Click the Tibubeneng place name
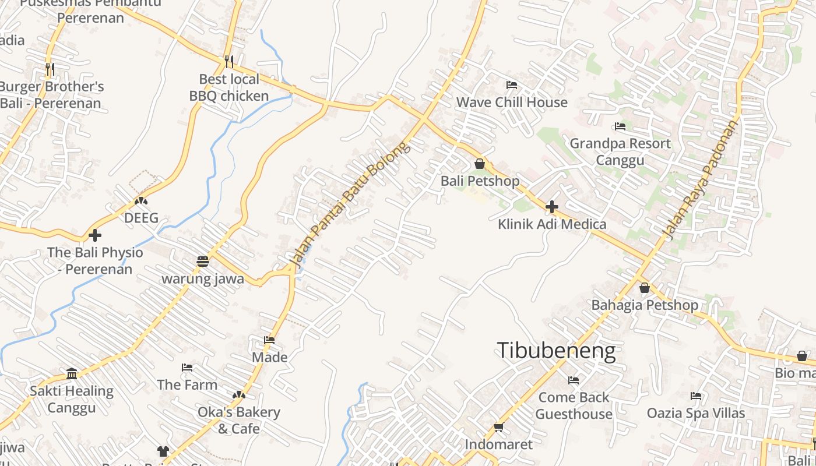[556, 351]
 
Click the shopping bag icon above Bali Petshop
[479, 164]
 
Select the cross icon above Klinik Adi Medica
[551, 207]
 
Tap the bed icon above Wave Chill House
[511, 85]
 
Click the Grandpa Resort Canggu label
[620, 151]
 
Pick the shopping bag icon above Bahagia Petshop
[644, 288]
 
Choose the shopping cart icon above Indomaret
[498, 428]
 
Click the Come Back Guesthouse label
[574, 405]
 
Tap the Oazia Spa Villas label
[695, 413]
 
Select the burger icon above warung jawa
[202, 262]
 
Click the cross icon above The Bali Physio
[94, 235]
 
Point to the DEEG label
[141, 218]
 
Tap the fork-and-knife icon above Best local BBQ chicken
[229, 61]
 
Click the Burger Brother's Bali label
[51, 95]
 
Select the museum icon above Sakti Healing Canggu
[72, 373]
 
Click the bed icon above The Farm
[187, 368]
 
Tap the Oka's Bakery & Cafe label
[239, 420]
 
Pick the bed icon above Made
[269, 340]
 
